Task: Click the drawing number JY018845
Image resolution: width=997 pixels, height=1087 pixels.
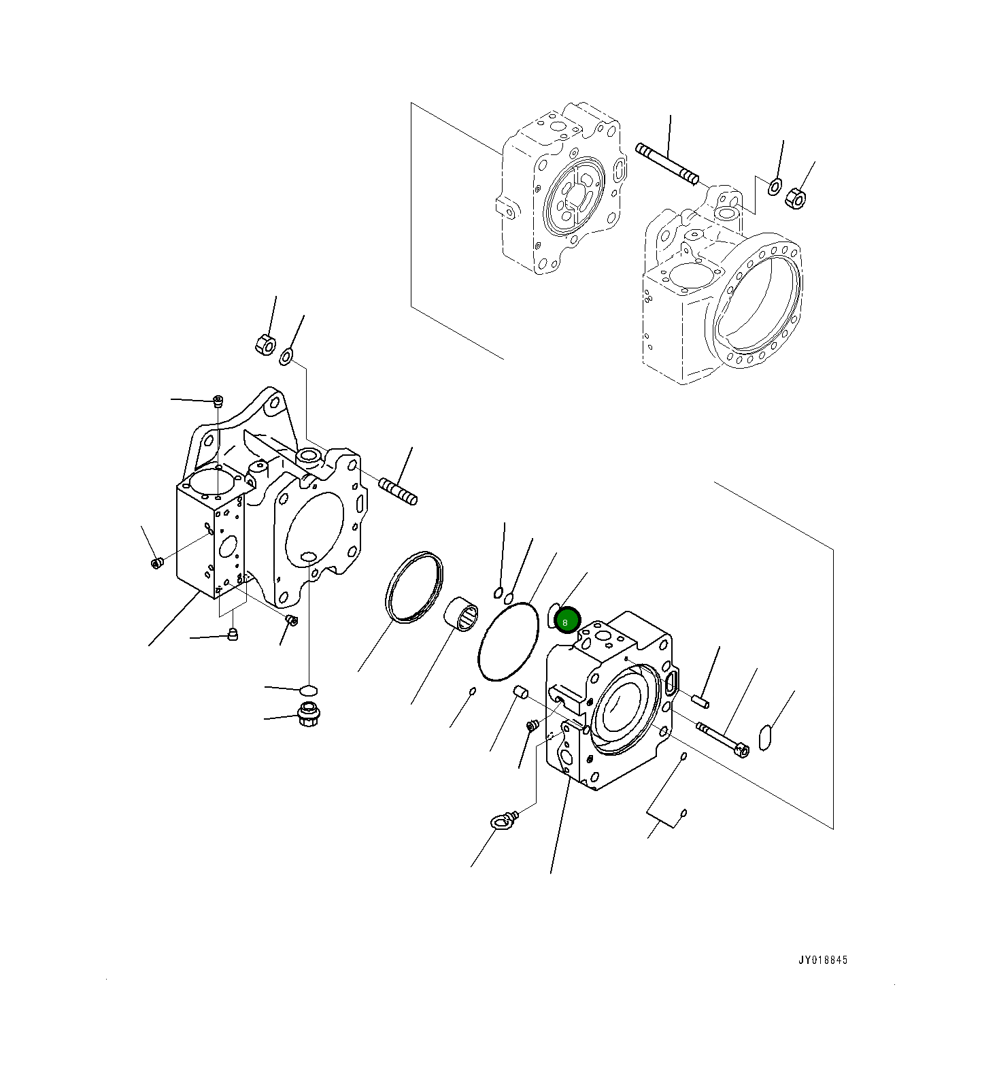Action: [x=823, y=960]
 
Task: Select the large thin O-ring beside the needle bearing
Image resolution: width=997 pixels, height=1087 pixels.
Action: [x=509, y=641]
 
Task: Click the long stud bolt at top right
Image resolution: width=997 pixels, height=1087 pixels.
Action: [x=666, y=163]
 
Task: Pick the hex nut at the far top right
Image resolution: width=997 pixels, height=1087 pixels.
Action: [x=795, y=199]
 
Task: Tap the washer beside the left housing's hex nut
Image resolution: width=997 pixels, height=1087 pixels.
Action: [x=286, y=355]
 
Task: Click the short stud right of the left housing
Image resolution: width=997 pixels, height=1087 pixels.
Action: [x=398, y=492]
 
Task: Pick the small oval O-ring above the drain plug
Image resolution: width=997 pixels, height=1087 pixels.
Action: [x=309, y=690]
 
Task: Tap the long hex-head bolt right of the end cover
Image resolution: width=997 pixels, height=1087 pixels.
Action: [x=722, y=739]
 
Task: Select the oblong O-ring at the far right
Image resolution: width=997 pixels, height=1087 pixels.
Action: [x=764, y=738]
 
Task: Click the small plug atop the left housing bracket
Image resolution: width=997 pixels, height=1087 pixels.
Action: [x=218, y=400]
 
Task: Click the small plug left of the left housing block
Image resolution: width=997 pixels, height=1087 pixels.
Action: [x=157, y=563]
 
